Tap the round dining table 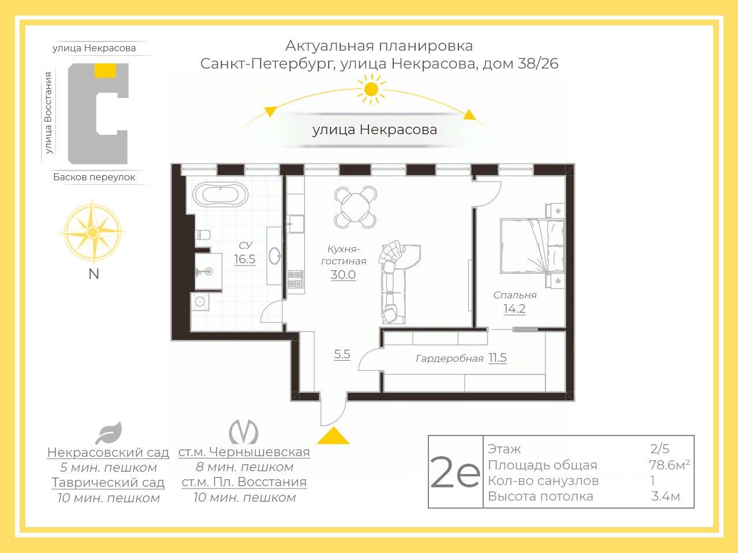(355, 207)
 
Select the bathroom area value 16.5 (244, 259)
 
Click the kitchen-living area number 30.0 (343, 275)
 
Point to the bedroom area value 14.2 (514, 309)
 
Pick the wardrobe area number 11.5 (497, 358)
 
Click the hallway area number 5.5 (342, 354)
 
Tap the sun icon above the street (371, 89)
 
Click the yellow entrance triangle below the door (333, 435)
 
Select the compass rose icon (93, 232)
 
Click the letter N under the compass (94, 274)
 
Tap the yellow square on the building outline (106, 70)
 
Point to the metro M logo (243, 432)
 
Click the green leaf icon (108, 433)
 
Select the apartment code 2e (455, 472)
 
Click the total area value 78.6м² (669, 465)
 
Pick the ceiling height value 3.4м (666, 496)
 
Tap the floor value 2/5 (660, 449)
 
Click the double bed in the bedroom (532, 246)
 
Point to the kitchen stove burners (295, 279)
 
